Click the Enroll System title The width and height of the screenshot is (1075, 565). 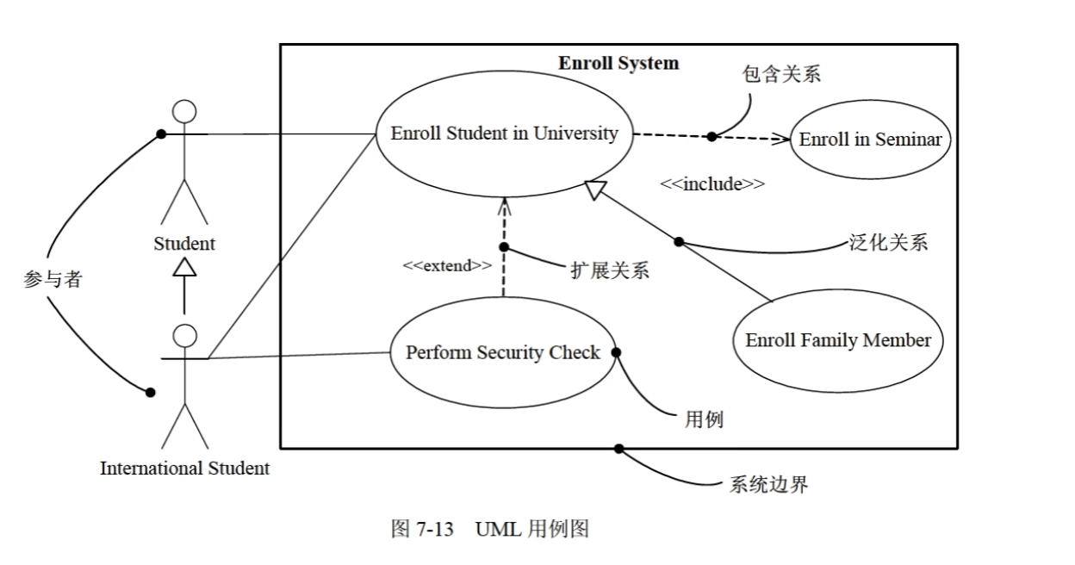(x=618, y=63)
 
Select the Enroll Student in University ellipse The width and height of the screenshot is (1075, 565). (x=504, y=133)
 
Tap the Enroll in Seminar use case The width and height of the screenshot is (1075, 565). (x=870, y=140)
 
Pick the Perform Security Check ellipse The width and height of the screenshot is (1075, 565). (x=503, y=352)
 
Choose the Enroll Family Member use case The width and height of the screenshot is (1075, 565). (x=838, y=340)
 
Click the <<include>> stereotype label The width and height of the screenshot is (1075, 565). (x=712, y=183)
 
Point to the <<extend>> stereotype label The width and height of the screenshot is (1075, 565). (x=447, y=265)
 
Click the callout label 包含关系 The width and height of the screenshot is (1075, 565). (x=780, y=74)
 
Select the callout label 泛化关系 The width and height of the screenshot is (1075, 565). (x=888, y=242)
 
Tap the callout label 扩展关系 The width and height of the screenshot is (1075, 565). (x=609, y=270)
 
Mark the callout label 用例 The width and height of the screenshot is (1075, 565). (x=704, y=419)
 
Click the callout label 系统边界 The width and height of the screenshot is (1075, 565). (x=768, y=484)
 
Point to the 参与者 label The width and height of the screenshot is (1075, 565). (x=52, y=279)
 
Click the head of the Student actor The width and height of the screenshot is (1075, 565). (x=184, y=112)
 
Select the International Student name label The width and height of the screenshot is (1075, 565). (x=184, y=469)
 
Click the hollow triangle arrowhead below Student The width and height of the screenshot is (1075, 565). (x=184, y=267)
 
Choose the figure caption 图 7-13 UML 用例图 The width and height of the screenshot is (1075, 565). (x=489, y=529)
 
